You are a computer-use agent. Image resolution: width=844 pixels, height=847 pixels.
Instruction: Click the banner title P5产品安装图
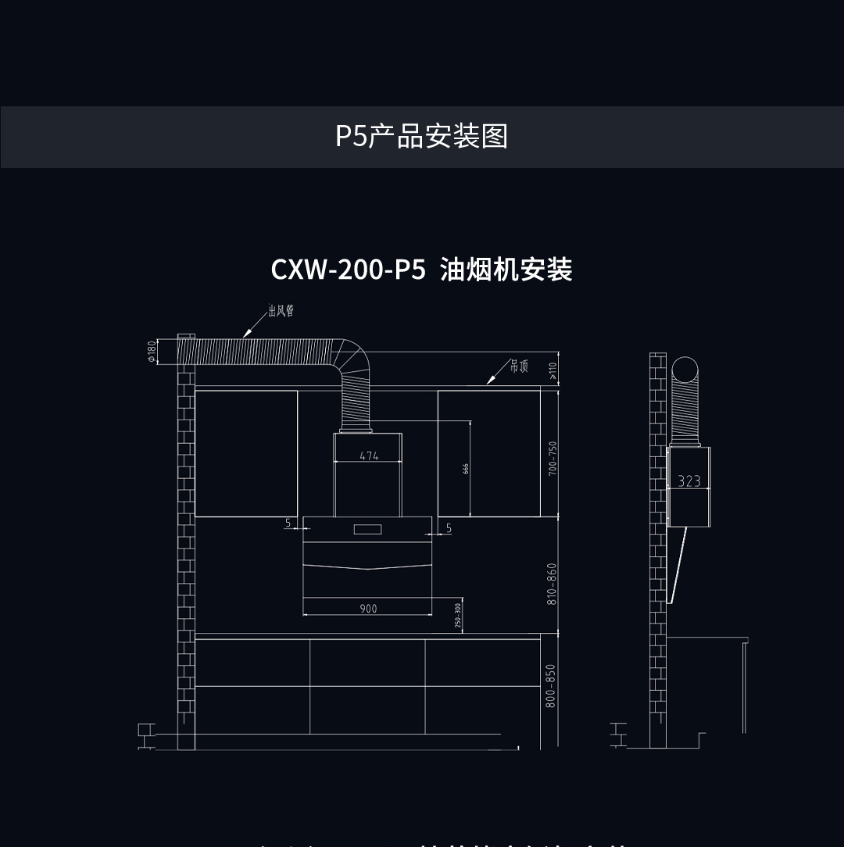pyautogui.click(x=421, y=136)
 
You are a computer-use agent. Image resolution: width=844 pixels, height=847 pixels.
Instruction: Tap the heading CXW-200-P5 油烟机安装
pyautogui.click(x=421, y=270)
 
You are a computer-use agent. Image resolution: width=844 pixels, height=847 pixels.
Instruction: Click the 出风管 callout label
pyautogui.click(x=281, y=312)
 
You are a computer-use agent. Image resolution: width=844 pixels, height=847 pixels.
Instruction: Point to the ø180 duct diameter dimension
pyautogui.click(x=152, y=352)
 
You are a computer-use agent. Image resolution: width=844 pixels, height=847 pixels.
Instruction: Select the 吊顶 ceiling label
pyautogui.click(x=519, y=366)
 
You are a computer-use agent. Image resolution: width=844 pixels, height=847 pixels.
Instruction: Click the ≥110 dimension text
pyautogui.click(x=553, y=370)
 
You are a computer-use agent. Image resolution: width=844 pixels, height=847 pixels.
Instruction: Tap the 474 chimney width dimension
pyautogui.click(x=369, y=456)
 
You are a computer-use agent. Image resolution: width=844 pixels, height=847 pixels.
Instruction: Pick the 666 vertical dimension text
pyautogui.click(x=466, y=469)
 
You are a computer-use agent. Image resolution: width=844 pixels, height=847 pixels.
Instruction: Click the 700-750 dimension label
pyautogui.click(x=553, y=459)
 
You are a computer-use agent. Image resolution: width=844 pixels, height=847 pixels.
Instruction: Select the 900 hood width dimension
pyautogui.click(x=368, y=609)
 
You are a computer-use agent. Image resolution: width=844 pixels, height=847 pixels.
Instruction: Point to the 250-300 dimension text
pyautogui.click(x=458, y=616)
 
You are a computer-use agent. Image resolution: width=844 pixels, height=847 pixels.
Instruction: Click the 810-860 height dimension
pyautogui.click(x=553, y=584)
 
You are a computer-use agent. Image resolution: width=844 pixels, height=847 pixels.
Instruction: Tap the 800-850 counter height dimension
pyautogui.click(x=551, y=686)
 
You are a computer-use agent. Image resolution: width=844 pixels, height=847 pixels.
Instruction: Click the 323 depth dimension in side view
pyautogui.click(x=689, y=481)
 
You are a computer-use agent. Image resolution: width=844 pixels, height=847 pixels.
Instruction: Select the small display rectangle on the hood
pyautogui.click(x=367, y=530)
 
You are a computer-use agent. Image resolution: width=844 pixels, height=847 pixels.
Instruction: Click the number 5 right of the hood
pyautogui.click(x=449, y=529)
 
